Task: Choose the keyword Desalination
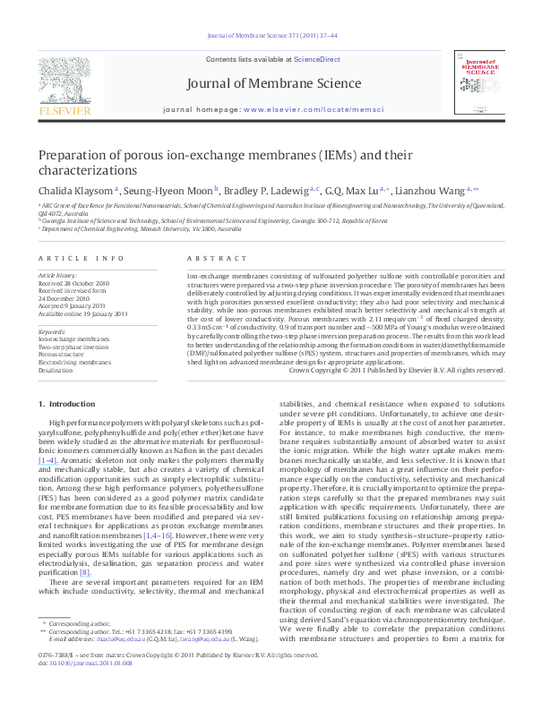(x=56, y=370)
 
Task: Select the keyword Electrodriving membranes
(x=75, y=362)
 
